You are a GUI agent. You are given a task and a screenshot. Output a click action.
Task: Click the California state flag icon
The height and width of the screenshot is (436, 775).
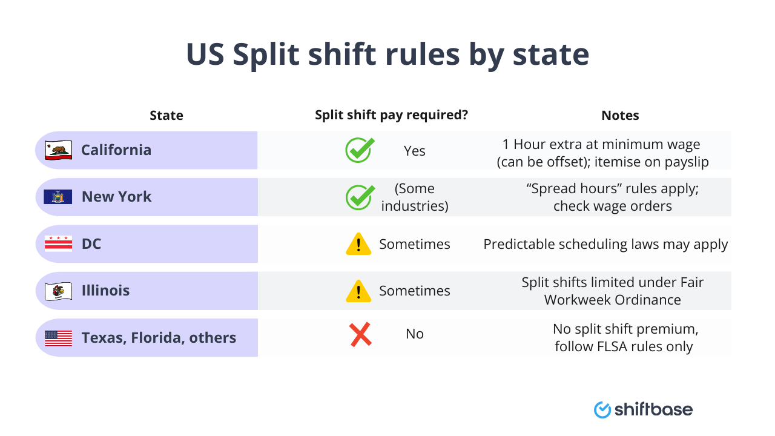pos(58,150)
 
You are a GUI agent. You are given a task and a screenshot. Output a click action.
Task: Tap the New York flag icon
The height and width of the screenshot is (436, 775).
pos(58,197)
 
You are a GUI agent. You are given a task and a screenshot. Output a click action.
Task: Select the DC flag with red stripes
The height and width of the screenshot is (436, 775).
pos(58,244)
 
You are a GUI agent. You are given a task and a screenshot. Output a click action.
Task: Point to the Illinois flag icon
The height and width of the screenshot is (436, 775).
pos(58,291)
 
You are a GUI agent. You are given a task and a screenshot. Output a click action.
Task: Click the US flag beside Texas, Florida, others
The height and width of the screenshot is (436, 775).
pos(58,338)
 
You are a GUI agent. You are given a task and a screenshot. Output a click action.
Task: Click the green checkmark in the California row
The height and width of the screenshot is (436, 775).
pos(360,150)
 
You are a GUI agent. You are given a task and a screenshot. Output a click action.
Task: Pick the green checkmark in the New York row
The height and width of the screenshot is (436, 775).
pos(360,197)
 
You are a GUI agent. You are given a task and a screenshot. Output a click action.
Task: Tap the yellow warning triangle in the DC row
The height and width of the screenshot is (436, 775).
pos(358,244)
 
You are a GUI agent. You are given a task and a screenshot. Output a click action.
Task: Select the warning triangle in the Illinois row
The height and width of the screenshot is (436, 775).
pos(358,291)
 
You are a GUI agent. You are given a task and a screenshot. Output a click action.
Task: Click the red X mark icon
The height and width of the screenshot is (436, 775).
pos(360,334)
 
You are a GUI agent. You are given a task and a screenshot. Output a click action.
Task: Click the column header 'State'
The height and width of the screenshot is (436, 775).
pos(167,115)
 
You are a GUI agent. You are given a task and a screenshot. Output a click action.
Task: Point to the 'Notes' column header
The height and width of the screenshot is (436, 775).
pos(620,115)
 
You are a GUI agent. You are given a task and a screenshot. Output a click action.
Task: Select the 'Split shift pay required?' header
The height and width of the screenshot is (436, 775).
pos(392,115)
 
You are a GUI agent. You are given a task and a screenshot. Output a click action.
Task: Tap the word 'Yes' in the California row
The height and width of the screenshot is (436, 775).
pos(415,151)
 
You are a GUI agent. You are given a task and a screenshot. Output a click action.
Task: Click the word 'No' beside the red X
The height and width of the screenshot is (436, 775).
pos(415,334)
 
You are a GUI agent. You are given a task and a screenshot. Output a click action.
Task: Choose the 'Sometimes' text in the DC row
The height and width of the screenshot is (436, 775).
pos(415,244)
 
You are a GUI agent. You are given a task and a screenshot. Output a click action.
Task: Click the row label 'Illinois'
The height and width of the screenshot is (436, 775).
pos(105,291)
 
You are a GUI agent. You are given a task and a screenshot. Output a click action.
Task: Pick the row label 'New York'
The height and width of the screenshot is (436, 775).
pos(116,197)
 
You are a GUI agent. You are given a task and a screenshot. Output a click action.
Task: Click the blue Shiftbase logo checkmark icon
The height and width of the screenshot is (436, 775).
pos(602,410)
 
